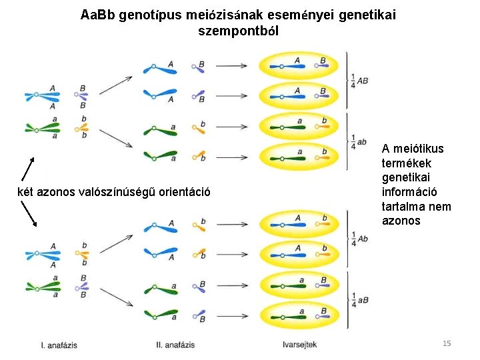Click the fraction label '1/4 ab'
tap(359, 141)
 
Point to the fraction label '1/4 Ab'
tap(359, 238)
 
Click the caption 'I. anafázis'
tap(59, 345)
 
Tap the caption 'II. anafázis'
tap(175, 345)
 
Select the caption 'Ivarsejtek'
tap(300, 345)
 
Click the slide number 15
tap(447, 343)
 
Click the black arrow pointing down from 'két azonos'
tap(29, 214)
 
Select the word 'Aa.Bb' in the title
tap(99, 15)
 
